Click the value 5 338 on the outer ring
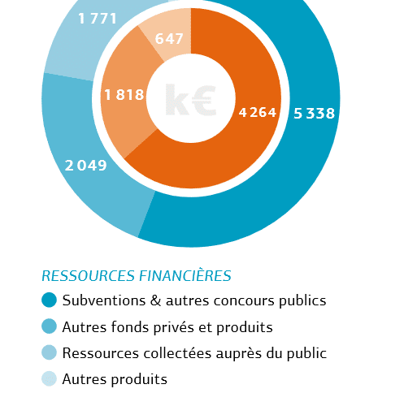click(315, 113)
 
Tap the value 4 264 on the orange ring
click(258, 112)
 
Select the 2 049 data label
click(86, 165)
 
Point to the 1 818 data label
click(124, 95)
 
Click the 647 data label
click(169, 38)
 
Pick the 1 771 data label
click(98, 19)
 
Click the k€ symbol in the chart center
click(190, 99)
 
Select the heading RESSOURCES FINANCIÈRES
click(137, 276)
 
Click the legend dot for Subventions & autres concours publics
click(49, 300)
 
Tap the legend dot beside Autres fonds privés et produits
click(49, 326)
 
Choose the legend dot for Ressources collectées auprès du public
click(49, 352)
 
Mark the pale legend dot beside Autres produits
click(49, 378)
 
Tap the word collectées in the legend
click(177, 353)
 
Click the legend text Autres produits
click(115, 379)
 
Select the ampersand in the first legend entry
click(155, 300)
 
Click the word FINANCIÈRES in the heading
click(185, 276)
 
